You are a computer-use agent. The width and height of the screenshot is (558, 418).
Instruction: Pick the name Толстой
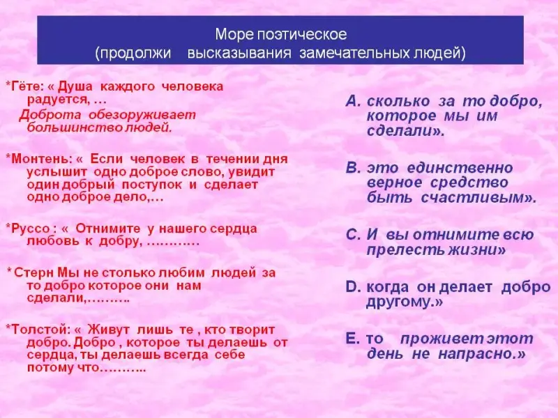tap(39, 330)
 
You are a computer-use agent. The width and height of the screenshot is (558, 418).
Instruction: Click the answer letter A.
tap(353, 102)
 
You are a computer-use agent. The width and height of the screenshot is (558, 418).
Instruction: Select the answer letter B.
tap(353, 168)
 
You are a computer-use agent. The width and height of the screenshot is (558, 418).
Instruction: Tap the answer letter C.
tap(353, 235)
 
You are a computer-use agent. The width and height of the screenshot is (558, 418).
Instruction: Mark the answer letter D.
tap(353, 287)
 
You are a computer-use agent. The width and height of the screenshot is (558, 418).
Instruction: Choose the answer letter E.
tap(352, 339)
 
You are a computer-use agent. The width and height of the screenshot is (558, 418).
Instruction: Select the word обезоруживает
tap(142, 115)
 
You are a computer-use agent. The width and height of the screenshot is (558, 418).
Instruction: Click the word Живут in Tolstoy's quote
tap(109, 330)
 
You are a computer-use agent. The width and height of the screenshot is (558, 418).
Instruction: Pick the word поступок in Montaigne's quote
tap(152, 185)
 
